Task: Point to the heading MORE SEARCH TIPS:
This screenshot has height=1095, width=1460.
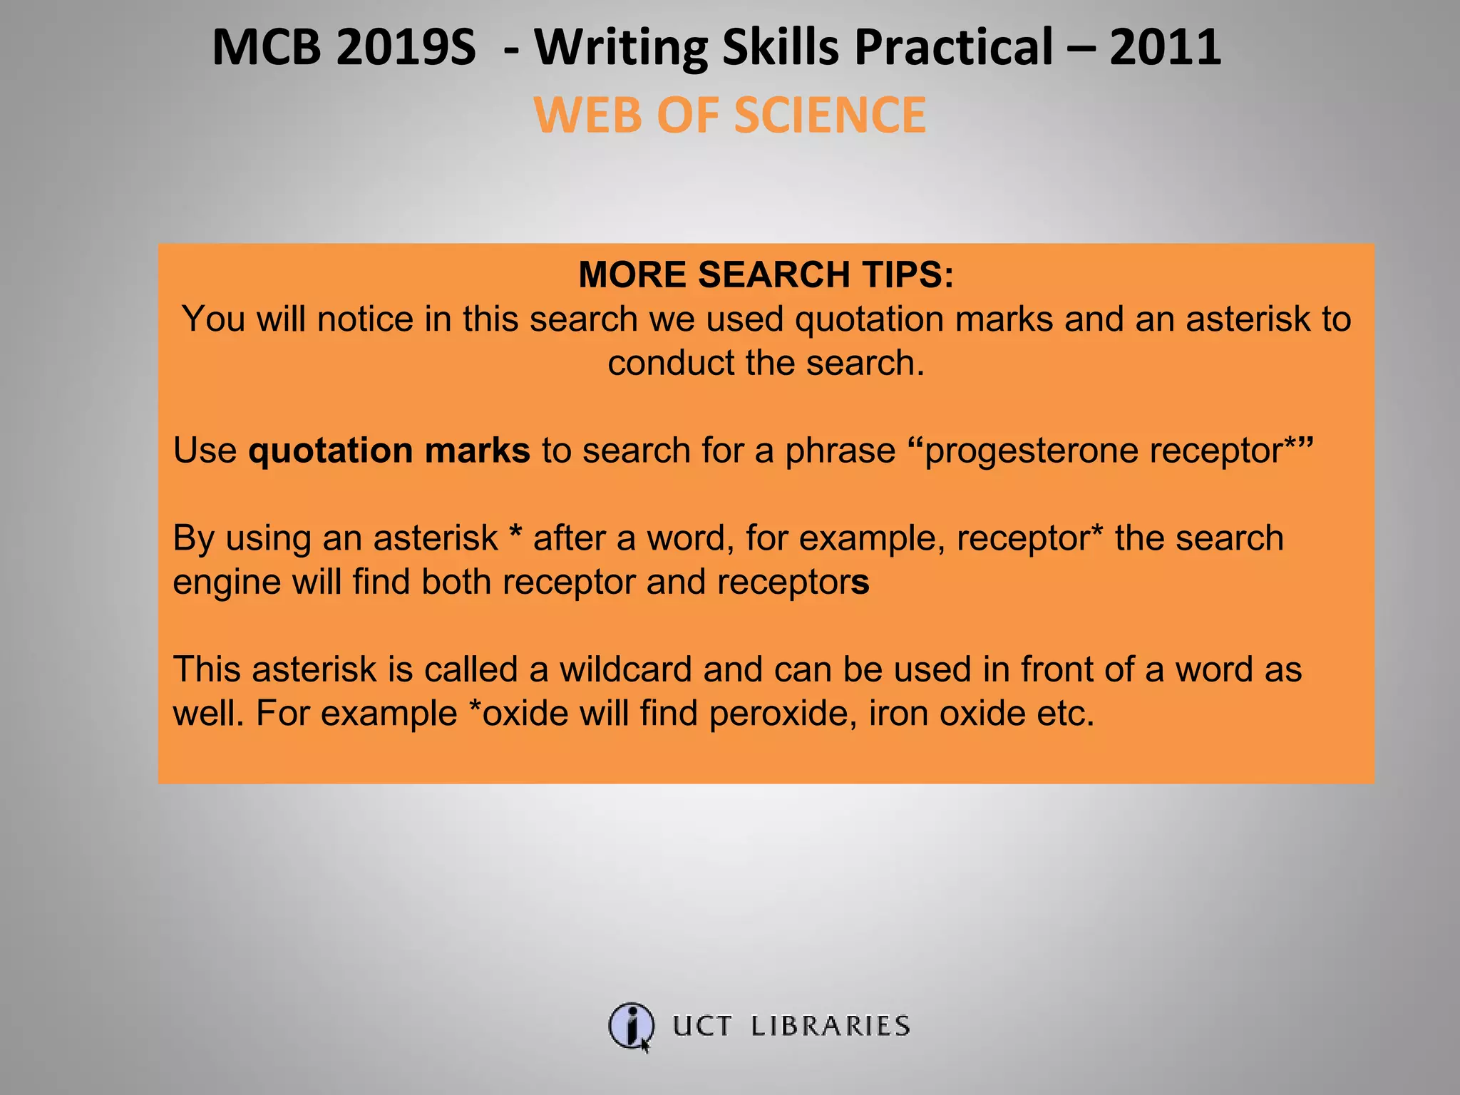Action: pos(766,274)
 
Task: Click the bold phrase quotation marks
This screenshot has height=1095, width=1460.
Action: pos(389,451)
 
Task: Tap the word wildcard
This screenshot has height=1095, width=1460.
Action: pos(625,669)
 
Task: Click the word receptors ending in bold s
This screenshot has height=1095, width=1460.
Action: pos(793,582)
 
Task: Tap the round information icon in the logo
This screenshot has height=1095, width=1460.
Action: pos(631,1026)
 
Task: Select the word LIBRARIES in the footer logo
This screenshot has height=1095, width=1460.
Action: pos(831,1026)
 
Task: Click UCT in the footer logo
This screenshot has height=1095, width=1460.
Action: pos(702,1026)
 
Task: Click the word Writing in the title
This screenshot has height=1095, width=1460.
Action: pos(621,48)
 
